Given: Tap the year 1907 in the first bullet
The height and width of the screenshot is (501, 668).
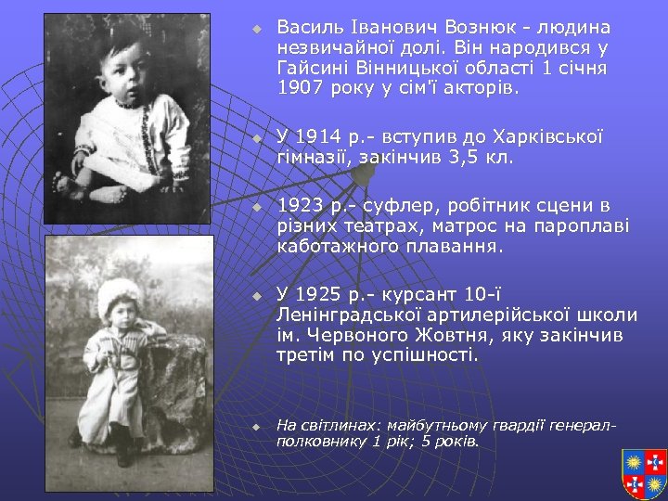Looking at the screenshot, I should pos(301,90).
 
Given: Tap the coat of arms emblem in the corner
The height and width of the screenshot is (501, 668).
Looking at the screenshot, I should pos(644,473).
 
